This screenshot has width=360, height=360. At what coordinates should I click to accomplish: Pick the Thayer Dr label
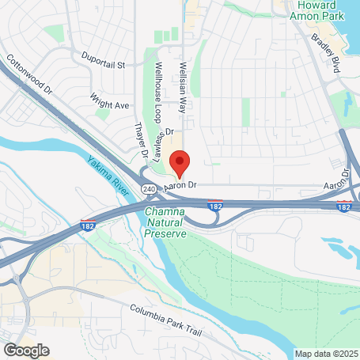pyautogui.click(x=140, y=139)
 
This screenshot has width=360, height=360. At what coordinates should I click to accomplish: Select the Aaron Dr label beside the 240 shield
pyautogui.click(x=179, y=186)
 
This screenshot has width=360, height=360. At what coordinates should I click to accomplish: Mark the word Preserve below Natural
pyautogui.click(x=165, y=233)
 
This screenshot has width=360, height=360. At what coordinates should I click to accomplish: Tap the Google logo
pyautogui.click(x=26, y=350)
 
